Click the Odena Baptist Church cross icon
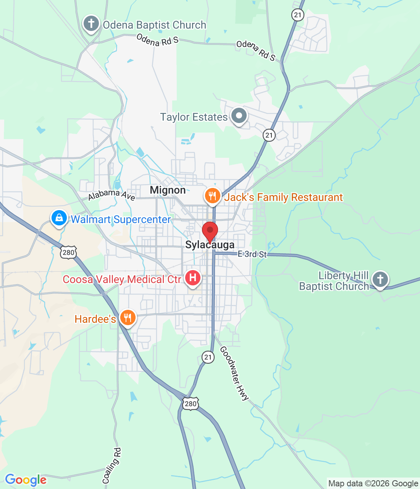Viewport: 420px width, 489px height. (91, 24)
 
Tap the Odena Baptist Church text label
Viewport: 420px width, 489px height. (155, 25)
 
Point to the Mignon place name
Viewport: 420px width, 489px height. (168, 190)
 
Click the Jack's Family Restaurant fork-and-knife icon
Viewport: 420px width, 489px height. (212, 196)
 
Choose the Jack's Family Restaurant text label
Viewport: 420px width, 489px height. (283, 197)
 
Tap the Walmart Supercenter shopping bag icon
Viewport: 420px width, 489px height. (59, 218)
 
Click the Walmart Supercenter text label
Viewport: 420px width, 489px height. (121, 219)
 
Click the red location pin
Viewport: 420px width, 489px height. (210, 231)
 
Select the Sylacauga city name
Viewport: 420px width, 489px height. (210, 245)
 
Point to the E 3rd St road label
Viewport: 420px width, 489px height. (252, 254)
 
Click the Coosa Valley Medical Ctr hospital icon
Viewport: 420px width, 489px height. (193, 277)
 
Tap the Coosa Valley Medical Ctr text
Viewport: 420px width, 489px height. (122, 279)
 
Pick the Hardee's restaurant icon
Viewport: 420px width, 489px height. (128, 317)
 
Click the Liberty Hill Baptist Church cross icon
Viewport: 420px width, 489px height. (380, 279)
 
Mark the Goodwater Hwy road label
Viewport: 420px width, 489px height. (234, 373)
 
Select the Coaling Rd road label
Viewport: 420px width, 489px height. (111, 465)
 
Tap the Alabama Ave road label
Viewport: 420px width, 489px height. (111, 195)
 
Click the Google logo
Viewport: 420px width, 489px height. (26, 480)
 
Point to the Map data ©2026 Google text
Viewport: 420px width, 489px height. (373, 484)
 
